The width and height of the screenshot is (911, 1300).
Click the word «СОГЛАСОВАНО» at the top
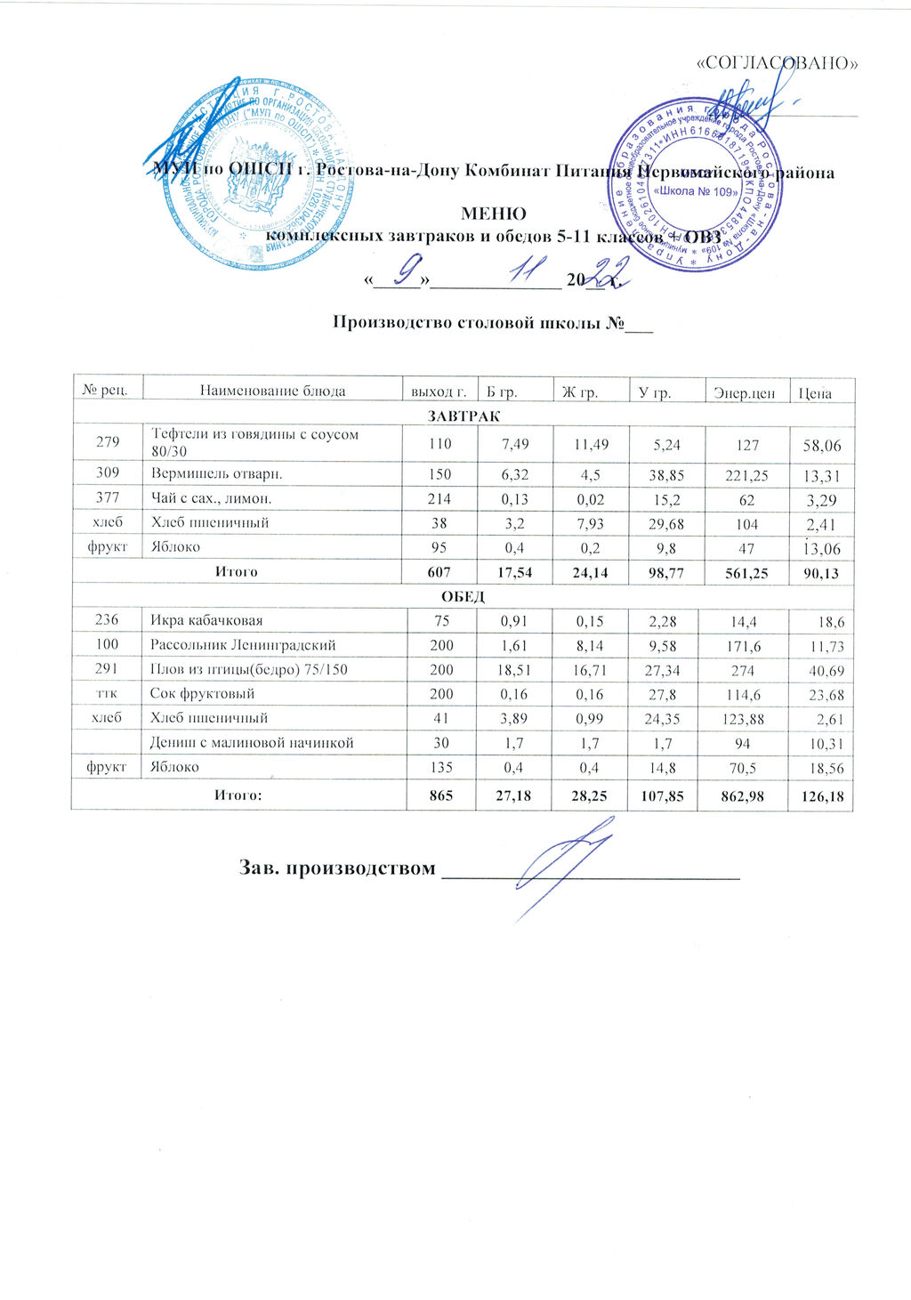[778, 63]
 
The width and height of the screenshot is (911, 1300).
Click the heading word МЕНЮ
[492, 214]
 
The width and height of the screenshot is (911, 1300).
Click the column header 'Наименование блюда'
[272, 391]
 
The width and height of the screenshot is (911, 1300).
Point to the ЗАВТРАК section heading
[463, 416]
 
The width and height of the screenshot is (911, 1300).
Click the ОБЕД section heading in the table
[463, 595]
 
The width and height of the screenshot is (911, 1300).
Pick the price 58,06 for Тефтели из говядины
[822, 445]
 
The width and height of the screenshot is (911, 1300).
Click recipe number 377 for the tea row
[108, 498]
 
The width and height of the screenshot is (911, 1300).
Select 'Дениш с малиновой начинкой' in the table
[252, 742]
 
